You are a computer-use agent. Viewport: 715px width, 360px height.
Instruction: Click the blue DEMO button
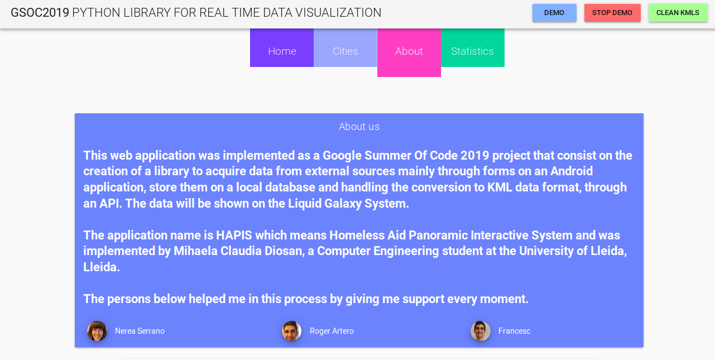point(554,13)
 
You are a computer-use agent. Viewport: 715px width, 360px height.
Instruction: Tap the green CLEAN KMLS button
point(678,13)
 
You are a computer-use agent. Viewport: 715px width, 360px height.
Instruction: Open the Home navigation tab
point(282,51)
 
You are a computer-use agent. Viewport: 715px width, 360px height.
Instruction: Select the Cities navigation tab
point(345,51)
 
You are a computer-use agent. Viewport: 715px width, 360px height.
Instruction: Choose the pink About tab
point(409,51)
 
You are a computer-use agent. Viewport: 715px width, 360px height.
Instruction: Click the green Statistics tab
point(472,51)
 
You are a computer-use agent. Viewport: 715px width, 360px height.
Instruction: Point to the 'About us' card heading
point(359,127)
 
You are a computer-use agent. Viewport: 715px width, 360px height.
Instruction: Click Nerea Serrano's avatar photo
point(97,331)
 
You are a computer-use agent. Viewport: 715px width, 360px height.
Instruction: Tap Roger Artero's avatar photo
point(291,331)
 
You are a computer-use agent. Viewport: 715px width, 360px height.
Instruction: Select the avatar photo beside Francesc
point(481,331)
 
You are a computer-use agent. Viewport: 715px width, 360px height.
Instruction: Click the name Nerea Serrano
point(140,331)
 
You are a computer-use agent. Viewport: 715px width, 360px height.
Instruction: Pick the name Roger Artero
point(332,331)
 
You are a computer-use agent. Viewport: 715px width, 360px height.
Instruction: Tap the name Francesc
point(514,331)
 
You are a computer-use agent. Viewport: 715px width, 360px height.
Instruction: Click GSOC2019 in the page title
point(40,12)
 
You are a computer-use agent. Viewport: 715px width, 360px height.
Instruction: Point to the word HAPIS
point(235,235)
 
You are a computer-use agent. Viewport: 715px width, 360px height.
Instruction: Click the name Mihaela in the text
point(197,251)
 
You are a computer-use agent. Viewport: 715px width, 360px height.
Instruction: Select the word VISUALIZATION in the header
point(338,12)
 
